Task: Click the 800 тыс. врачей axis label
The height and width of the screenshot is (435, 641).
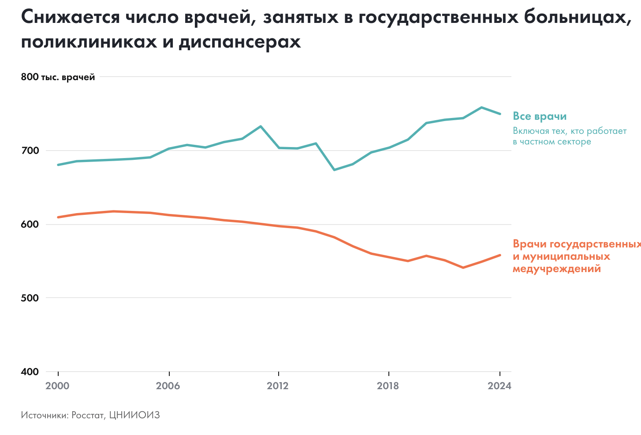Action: click(58, 77)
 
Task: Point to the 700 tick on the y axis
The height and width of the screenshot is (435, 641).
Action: click(30, 151)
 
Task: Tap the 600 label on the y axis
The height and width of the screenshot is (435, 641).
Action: click(30, 224)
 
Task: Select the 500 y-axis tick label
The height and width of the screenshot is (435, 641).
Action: click(30, 298)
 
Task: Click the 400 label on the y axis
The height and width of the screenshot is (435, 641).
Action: click(30, 372)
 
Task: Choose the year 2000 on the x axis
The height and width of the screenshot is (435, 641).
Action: click(58, 386)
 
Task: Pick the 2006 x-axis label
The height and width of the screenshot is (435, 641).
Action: click(168, 386)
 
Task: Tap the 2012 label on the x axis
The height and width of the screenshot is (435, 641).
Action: click(278, 386)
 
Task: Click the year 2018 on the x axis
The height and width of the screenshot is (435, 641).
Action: click(388, 386)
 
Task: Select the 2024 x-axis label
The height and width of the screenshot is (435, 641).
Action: click(499, 386)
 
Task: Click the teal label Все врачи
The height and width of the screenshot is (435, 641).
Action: click(540, 116)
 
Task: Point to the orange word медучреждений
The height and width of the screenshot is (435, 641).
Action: click(557, 269)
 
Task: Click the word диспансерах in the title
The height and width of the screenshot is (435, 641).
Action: click(240, 42)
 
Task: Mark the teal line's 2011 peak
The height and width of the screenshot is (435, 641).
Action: click(261, 126)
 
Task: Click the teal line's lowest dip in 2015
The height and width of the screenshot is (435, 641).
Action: click(334, 170)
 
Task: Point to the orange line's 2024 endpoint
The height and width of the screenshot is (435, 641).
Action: click(499, 255)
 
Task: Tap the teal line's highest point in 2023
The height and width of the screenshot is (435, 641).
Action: click(481, 107)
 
